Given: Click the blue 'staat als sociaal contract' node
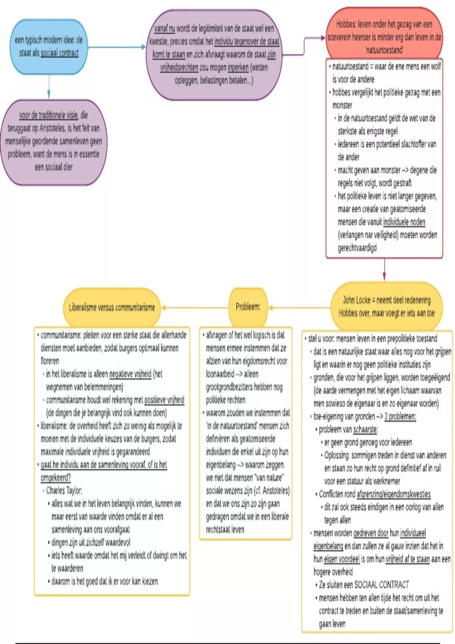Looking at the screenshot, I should pos(49,47).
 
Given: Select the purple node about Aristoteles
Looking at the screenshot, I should pos(53,141).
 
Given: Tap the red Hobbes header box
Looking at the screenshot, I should pos(384,37).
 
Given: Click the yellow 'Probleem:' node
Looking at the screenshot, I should pos(248,307).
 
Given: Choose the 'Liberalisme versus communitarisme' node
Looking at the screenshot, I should pos(112,308).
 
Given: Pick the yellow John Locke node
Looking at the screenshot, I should pos(386,307).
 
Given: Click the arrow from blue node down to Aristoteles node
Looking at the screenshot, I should pos(49,87).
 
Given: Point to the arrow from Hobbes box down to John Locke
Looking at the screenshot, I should pos(384,270).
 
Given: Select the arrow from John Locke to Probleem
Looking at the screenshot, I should pos(300,308).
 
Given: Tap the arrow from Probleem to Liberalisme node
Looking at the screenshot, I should pos(195,308).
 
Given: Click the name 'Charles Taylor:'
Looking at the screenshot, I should pos(64,491).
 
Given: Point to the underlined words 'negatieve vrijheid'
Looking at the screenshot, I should pos(130,374).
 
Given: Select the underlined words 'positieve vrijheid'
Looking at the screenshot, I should pos(164,400).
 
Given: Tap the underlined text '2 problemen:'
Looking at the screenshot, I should pos(400,416).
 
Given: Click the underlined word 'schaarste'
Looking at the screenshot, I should pos(365,429).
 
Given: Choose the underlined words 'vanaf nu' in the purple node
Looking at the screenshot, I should pos(165,28).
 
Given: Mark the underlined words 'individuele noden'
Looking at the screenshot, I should pos(404,222).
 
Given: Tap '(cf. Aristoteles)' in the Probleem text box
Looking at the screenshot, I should pos(271,491).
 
